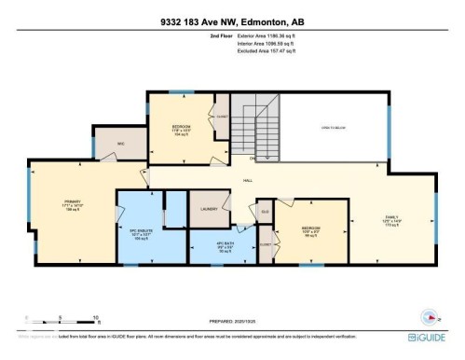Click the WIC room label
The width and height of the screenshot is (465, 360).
tap(120, 145)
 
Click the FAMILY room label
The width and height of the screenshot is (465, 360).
tap(391, 220)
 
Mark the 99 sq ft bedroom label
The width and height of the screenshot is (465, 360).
tap(310, 232)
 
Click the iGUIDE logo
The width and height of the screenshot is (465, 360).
tap(428, 336)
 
